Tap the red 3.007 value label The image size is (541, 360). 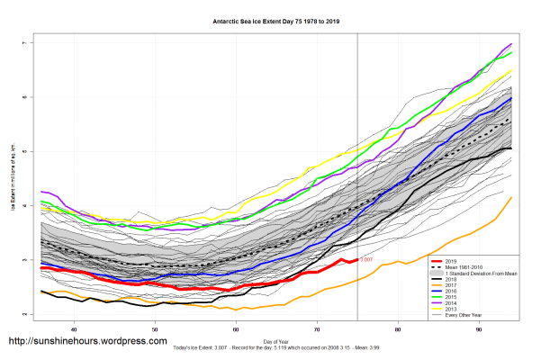click(366, 260)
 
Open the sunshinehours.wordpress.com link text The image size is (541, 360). click(87, 342)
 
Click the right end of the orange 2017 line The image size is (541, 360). click(512, 198)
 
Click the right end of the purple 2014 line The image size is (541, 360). click(512, 43)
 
